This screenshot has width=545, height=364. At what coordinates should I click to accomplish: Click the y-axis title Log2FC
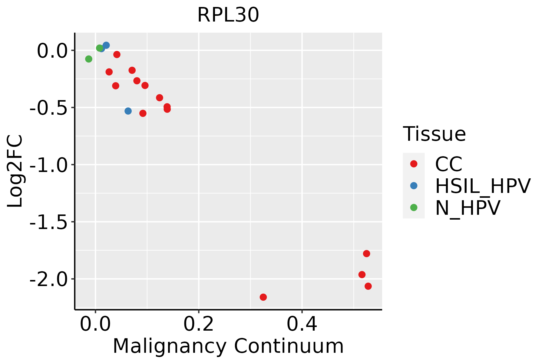[x=15, y=171]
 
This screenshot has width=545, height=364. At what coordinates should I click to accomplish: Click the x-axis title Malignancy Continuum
[x=228, y=346]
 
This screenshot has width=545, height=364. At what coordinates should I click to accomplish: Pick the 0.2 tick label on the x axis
[x=199, y=325]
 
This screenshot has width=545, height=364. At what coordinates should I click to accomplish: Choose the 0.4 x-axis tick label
[x=302, y=325]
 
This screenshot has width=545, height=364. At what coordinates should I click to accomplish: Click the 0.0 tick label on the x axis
[x=95, y=325]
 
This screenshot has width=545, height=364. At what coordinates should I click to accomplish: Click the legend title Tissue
[x=434, y=134]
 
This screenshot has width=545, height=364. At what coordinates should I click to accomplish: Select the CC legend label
[x=448, y=164]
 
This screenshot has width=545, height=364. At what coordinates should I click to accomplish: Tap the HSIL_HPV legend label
[x=483, y=186]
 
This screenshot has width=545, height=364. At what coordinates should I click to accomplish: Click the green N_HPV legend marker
[x=414, y=207]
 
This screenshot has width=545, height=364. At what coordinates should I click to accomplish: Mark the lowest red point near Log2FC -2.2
[x=263, y=297]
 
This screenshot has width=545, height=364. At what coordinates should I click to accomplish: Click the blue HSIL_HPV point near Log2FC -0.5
[x=128, y=111]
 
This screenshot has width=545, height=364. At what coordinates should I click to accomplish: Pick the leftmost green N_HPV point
[x=88, y=59]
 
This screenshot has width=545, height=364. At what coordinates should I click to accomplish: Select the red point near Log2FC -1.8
[x=366, y=254]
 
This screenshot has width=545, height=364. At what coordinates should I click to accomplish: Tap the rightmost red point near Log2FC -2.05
[x=368, y=286]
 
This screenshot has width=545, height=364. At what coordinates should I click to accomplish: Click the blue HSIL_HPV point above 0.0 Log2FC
[x=106, y=45]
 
